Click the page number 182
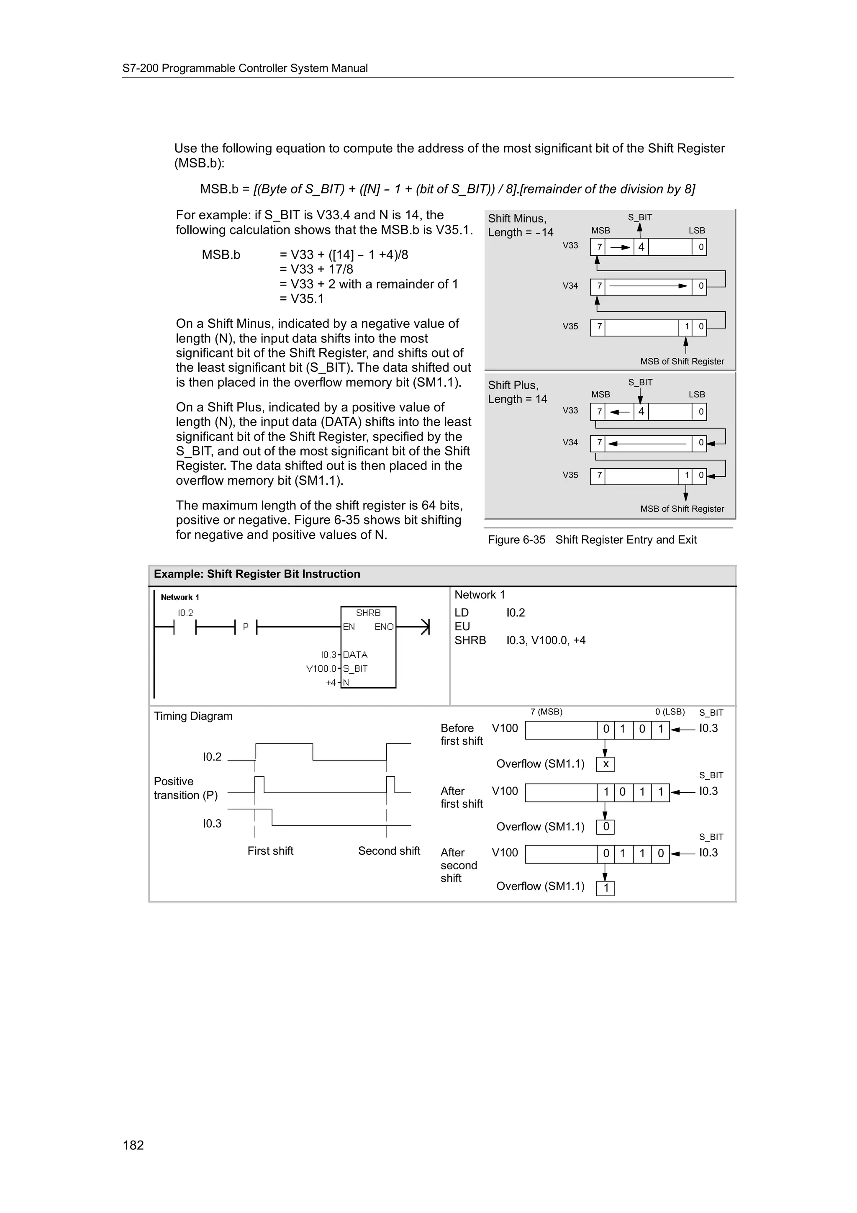pyautogui.click(x=133, y=1145)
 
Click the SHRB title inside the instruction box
pyautogui.click(x=368, y=613)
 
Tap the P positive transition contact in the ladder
pyautogui.click(x=246, y=627)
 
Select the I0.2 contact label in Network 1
pyautogui.click(x=185, y=613)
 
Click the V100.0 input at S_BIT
pyautogui.click(x=321, y=668)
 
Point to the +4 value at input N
pyautogui.click(x=331, y=683)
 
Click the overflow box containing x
pyautogui.click(x=606, y=764)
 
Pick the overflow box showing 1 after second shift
pyautogui.click(x=606, y=888)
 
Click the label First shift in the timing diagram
pyautogui.click(x=270, y=851)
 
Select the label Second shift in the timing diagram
pyautogui.click(x=389, y=851)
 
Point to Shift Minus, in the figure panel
pyautogui.click(x=516, y=218)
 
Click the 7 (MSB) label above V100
pyautogui.click(x=546, y=712)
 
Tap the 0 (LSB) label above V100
pyautogui.click(x=670, y=712)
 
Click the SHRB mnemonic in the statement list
pyautogui.click(x=470, y=640)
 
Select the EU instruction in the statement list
pyautogui.click(x=462, y=627)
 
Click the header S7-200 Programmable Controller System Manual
pyautogui.click(x=245, y=68)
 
